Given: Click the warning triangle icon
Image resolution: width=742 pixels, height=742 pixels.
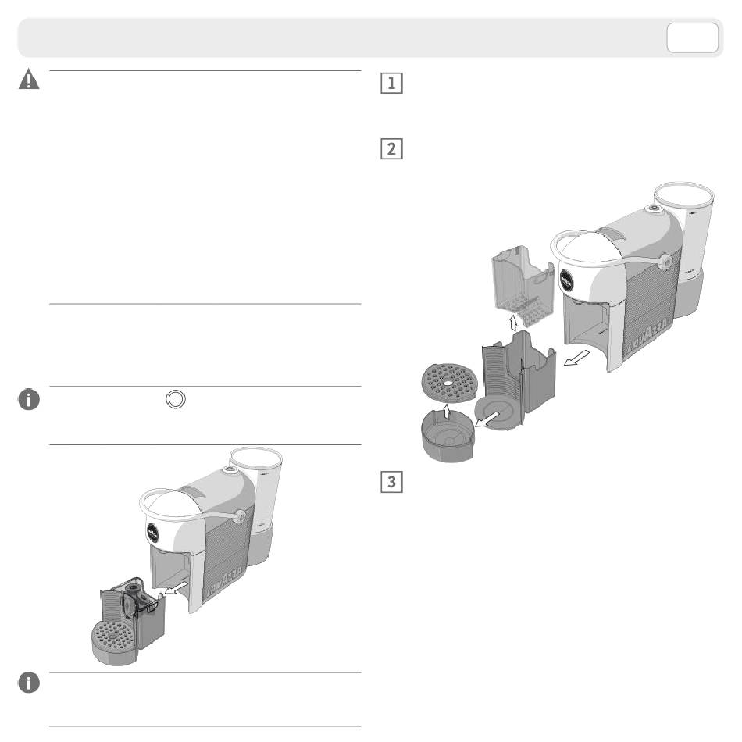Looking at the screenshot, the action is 29,79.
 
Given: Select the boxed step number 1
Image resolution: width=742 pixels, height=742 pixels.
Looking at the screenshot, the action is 391,83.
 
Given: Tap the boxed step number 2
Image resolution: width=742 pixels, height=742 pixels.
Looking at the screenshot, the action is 391,148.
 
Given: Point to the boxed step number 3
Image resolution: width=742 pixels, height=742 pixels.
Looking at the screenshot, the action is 391,481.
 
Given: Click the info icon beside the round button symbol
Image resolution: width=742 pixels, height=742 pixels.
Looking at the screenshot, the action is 29,399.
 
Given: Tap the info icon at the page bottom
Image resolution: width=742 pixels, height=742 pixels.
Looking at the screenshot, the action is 29,683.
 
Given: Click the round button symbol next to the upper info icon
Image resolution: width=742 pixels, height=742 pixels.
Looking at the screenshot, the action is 176,399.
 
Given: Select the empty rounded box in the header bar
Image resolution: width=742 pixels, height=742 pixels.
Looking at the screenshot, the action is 692,37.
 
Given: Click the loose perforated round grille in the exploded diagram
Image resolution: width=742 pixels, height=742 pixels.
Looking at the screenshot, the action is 448,382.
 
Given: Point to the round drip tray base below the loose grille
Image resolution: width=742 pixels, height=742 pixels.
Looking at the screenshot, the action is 448,437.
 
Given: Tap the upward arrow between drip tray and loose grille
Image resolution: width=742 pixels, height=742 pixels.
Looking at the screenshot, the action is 446,411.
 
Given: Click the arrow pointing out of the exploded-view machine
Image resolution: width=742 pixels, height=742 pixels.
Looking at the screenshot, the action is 577,358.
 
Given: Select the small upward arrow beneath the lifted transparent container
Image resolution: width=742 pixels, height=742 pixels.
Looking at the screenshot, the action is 513,323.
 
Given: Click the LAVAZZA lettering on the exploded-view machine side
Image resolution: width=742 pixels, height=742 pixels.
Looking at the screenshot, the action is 647,335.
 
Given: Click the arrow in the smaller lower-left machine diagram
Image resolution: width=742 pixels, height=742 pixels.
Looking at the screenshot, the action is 177,588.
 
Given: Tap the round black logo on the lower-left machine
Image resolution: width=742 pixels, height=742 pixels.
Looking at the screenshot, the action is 153,533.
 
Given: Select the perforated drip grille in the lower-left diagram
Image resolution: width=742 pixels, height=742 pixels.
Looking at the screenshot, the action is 113,635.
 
